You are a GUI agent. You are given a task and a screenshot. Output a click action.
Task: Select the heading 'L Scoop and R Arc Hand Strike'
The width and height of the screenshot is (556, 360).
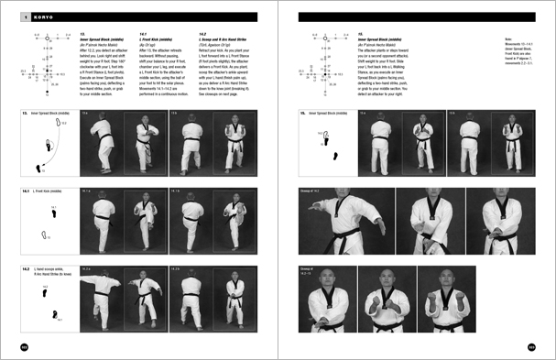[223, 39]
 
